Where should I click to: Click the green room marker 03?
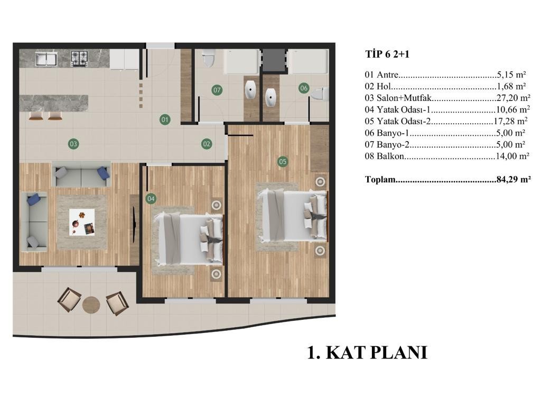[x=73, y=144]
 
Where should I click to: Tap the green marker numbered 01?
[x=165, y=120]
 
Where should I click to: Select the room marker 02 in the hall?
[x=207, y=144]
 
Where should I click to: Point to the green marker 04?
[x=151, y=199]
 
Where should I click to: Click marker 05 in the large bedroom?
[x=283, y=161]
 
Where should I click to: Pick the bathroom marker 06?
[x=304, y=88]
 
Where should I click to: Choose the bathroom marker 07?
[x=217, y=90]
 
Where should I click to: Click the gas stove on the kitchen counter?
[x=79, y=59]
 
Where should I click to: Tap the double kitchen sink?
[x=46, y=59]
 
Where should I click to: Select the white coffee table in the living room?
[x=82, y=223]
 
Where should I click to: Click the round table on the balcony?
[x=91, y=305]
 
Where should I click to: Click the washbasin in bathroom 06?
[x=271, y=97]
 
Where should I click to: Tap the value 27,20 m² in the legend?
[x=513, y=98]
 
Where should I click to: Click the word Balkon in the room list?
[x=390, y=156]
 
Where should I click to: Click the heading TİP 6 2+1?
[x=387, y=54]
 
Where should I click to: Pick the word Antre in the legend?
[x=387, y=75]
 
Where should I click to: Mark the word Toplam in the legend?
[x=380, y=180]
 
